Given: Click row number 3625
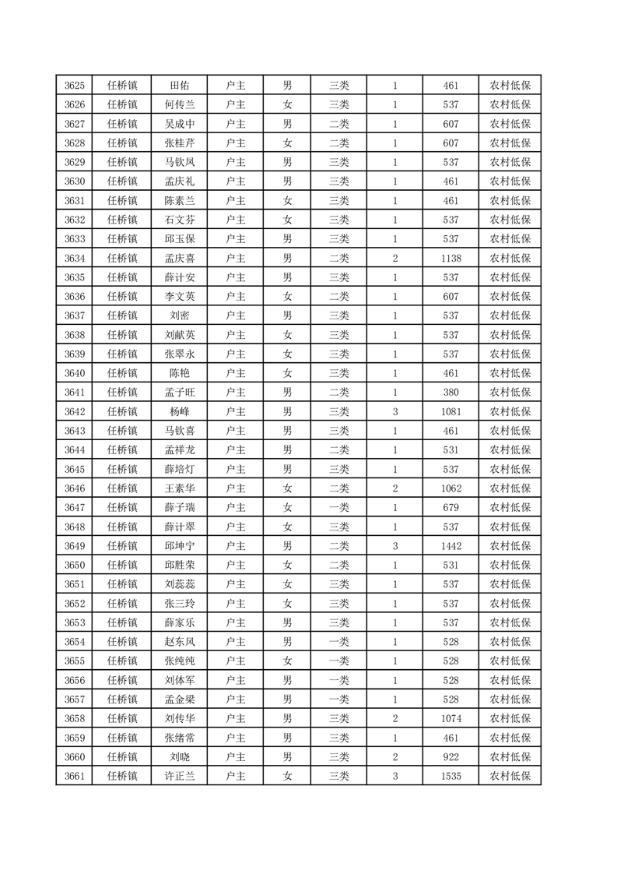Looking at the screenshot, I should click(x=75, y=86).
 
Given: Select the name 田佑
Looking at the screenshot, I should click(x=180, y=86).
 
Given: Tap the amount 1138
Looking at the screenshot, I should click(x=450, y=258).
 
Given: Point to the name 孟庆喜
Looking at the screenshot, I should click(x=180, y=258).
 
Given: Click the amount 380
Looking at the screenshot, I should click(x=450, y=392).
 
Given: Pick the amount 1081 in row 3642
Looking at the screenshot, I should click(x=450, y=411).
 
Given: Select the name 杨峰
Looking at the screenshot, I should click(x=180, y=411).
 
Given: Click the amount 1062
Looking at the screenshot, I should click(x=450, y=488).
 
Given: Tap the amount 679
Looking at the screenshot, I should click(x=450, y=507).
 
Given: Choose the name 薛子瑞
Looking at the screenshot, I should click(x=180, y=507).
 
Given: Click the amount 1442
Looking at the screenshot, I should click(x=450, y=545).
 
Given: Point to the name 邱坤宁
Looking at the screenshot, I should click(x=180, y=545).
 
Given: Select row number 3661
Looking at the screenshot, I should click(x=75, y=775).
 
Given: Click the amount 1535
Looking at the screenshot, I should click(x=450, y=775).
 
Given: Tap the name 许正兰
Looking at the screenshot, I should click(x=180, y=775).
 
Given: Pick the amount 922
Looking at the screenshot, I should click(x=450, y=756).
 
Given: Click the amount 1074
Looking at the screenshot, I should click(x=450, y=717).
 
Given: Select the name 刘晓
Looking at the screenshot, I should click(x=180, y=756).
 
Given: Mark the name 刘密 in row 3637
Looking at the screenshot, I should click(x=180, y=315).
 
